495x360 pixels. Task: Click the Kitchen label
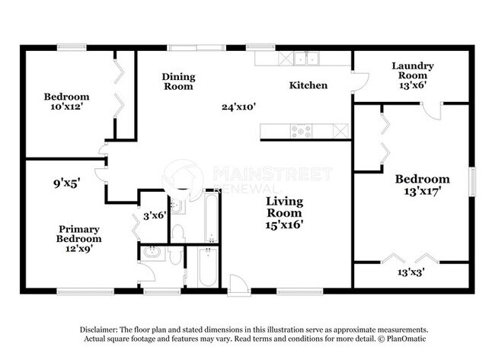pyautogui.click(x=308, y=85)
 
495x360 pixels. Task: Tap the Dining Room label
pyautogui.click(x=178, y=81)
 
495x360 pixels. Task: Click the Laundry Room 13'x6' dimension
pyautogui.click(x=412, y=86)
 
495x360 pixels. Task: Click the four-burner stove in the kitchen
pyautogui.click(x=301, y=132)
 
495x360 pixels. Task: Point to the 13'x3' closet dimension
pyautogui.click(x=411, y=272)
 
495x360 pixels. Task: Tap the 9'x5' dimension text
pyautogui.click(x=67, y=183)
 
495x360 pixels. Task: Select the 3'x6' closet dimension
pyautogui.click(x=155, y=215)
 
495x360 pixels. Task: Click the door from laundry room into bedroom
pyautogui.click(x=432, y=110)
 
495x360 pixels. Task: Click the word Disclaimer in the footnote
pyautogui.click(x=101, y=329)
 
